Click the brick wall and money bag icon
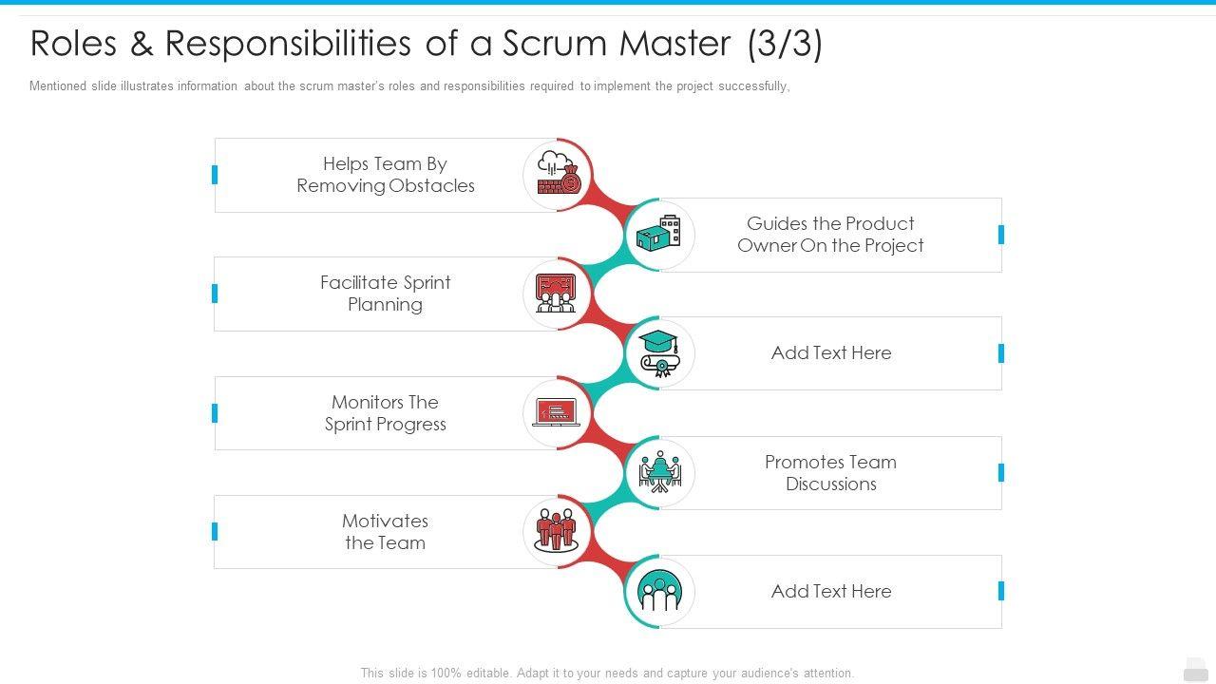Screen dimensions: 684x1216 coord(558,174)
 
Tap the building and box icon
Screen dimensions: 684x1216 coord(659,235)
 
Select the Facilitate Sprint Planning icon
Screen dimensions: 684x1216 coord(557,294)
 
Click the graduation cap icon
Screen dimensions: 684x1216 coord(659,353)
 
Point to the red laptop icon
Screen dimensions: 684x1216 coord(557,412)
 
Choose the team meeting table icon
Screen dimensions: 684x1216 coord(659,472)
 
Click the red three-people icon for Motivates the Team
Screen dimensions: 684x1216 coord(557,531)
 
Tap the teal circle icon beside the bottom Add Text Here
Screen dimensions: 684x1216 coord(659,591)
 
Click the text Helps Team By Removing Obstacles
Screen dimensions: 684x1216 coord(386,175)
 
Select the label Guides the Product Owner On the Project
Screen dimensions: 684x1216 coord(830,235)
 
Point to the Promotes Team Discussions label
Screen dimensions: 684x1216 coord(830,473)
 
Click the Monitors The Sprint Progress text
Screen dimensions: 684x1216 coord(386,413)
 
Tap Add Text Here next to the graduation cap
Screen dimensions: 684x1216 coord(831,353)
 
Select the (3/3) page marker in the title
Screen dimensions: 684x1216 coord(785,44)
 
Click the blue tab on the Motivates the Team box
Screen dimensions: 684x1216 coord(215,532)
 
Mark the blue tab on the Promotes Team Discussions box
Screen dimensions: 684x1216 coord(1001,473)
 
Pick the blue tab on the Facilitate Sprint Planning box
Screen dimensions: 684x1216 coord(215,294)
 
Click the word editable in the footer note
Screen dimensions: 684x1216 coord(488,673)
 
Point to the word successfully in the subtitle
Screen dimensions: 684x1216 coord(753,86)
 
